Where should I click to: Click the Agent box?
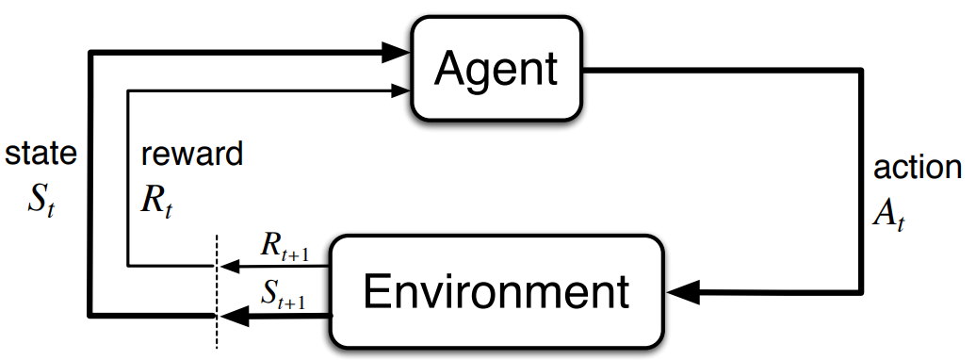496,68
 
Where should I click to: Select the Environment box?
496,291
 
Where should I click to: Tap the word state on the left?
41,154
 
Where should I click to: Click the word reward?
192,154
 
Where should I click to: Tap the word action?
918,167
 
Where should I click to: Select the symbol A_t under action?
888,214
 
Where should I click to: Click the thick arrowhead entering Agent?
394,53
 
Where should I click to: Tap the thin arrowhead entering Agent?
399,90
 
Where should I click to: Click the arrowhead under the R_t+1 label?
230,266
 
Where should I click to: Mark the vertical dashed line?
217,291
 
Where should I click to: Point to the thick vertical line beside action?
862,180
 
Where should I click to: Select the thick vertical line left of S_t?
90,185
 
